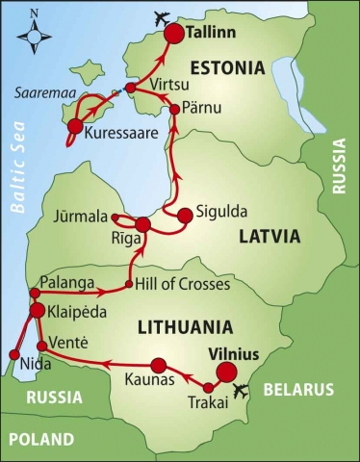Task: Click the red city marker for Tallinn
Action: point(174,35)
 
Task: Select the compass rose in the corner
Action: point(36,34)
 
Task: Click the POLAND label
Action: point(40,440)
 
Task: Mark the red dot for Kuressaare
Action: point(73,126)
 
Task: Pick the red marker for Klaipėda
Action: point(37,311)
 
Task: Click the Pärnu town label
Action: point(204,110)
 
